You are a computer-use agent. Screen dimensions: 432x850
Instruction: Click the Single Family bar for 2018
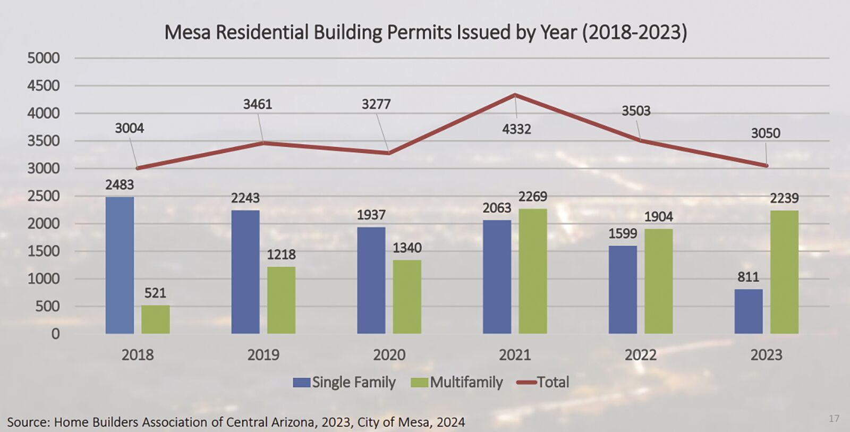click(x=120, y=265)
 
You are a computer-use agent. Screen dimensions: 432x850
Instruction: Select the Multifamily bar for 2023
click(x=784, y=272)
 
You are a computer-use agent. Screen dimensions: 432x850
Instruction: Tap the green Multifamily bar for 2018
click(x=155, y=319)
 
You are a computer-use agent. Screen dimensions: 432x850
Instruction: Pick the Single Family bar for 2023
click(x=748, y=311)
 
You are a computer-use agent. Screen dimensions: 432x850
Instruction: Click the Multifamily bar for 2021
click(x=532, y=271)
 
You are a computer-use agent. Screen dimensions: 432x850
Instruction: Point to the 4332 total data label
click(x=516, y=129)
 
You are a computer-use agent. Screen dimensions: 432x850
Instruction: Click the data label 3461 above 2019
click(x=258, y=104)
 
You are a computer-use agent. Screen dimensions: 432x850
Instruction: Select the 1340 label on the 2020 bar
click(x=407, y=248)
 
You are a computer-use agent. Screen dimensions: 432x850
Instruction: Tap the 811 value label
click(x=748, y=277)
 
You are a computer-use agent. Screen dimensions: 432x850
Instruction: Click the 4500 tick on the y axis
click(x=44, y=86)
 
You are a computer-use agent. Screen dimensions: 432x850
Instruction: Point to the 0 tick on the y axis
click(x=55, y=334)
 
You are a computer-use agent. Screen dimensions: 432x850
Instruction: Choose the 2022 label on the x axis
click(x=640, y=355)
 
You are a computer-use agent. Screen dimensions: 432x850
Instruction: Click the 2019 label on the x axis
click(x=263, y=355)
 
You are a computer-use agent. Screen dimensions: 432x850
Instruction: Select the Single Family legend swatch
click(x=301, y=383)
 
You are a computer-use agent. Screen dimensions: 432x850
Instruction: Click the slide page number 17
click(x=834, y=419)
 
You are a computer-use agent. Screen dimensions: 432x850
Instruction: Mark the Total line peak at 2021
click(x=515, y=95)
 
